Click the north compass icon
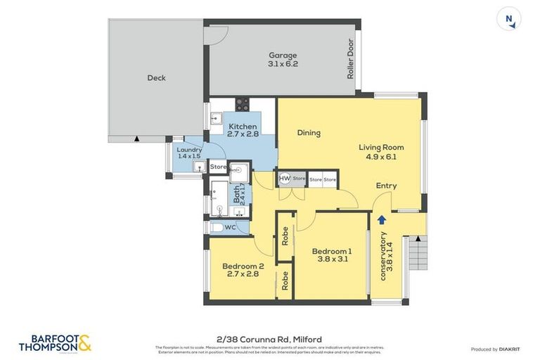point(508,19)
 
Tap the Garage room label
point(283,59)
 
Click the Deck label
point(156,78)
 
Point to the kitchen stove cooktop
point(242,105)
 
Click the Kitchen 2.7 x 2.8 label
point(243,130)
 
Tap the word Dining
point(309,133)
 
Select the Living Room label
point(381,152)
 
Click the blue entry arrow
point(382,219)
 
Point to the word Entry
point(386,186)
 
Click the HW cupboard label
point(284,179)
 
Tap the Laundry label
point(189,153)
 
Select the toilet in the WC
point(218,227)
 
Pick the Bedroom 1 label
point(332,255)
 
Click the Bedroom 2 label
point(243,269)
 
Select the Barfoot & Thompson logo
point(55,343)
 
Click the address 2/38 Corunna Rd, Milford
point(270,340)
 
